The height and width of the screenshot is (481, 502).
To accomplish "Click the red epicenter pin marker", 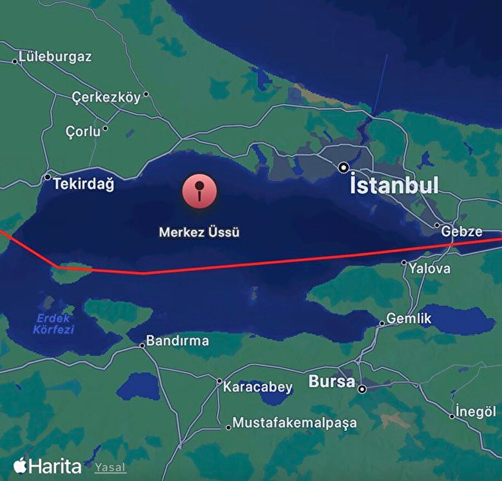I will (x=199, y=191).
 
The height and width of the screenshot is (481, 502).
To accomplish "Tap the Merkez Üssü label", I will (x=199, y=232).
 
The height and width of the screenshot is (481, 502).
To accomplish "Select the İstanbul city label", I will (x=394, y=185).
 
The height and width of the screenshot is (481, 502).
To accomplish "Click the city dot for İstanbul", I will (x=344, y=167).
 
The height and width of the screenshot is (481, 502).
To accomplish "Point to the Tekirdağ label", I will (x=83, y=184).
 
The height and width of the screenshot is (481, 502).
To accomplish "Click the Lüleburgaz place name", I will (x=55, y=56).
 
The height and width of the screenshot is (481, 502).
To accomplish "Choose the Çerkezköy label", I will (x=106, y=97).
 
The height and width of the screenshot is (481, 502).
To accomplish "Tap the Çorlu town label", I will (x=83, y=132).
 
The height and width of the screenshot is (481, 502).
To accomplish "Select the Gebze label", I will (x=462, y=231).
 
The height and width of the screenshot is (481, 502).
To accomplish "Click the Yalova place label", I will (x=429, y=268).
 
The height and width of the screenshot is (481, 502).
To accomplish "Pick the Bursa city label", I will (x=332, y=382).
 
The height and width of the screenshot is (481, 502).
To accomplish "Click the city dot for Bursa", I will (x=363, y=389).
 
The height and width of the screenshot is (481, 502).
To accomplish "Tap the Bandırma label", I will (x=177, y=340).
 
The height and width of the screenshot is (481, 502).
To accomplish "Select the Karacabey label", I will (x=258, y=387).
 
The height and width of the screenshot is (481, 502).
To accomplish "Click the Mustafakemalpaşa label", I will (x=295, y=422).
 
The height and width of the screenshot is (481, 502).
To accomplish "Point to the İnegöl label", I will (x=476, y=412).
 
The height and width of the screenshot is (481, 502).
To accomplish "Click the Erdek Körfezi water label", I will (x=54, y=324).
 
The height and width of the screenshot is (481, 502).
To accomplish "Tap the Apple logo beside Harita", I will (x=21, y=465).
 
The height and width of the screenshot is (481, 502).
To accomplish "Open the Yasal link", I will (x=110, y=468).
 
